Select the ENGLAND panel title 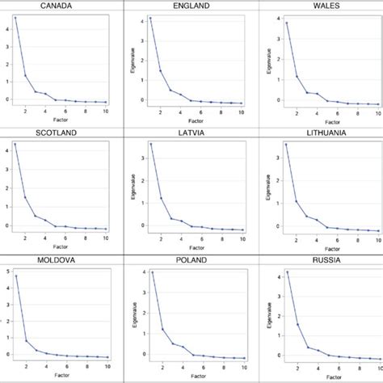191,6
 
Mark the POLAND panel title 191,260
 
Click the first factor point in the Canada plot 15,18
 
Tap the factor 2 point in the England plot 160,70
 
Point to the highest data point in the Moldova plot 15,276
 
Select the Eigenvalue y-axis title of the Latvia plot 133,187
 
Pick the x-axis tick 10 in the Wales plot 377,112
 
